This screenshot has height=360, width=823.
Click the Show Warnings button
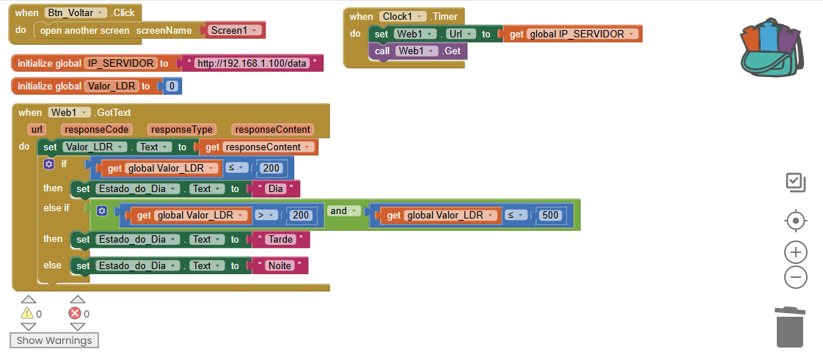[54, 340]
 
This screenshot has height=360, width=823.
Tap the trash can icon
[789, 328]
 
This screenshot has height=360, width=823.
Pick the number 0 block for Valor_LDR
[172, 87]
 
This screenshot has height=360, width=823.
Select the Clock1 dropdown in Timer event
[403, 16]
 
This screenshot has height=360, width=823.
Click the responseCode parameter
[87, 129]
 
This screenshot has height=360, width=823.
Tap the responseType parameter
[181, 129]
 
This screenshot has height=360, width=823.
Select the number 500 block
[549, 215]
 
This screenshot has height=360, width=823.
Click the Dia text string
[276, 188]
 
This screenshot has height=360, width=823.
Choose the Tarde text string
[281, 239]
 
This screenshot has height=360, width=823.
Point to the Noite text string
[279, 265]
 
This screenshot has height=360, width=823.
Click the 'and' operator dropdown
[344, 211]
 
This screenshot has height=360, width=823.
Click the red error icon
[75, 314]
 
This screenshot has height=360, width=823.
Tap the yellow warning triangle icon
[28, 314]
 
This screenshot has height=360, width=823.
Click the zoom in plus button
[796, 252]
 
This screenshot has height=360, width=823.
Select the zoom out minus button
[796, 277]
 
